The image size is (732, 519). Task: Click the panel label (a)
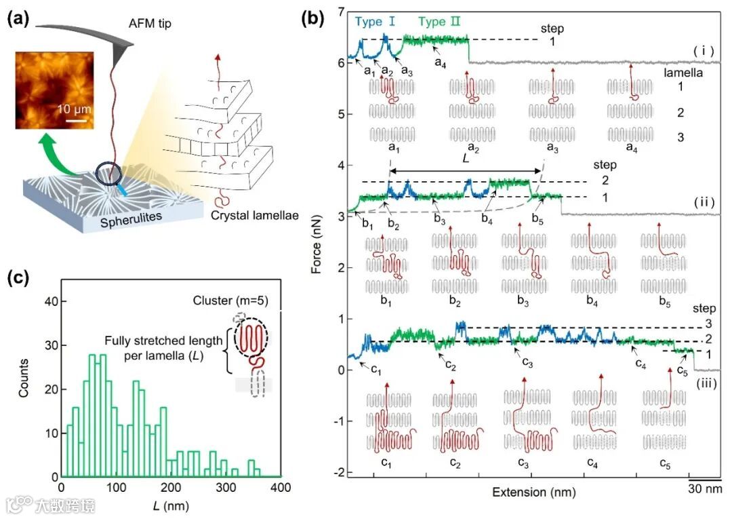(x=18, y=18)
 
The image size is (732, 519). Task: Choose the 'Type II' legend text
(x=439, y=21)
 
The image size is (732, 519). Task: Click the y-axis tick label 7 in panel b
(x=341, y=12)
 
